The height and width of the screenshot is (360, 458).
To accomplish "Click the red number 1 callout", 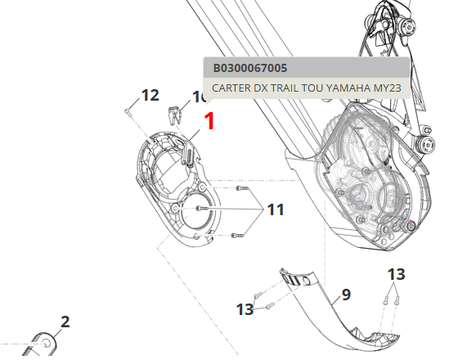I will tap(209, 122).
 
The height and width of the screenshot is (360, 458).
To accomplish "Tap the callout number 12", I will tap(150, 95).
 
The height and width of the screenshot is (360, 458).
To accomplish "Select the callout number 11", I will tap(276, 210).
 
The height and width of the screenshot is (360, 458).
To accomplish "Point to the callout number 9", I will tap(346, 294).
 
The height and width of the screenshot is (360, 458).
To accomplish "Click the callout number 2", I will tap(65, 322).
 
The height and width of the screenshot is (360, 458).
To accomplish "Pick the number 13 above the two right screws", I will tap(396, 273).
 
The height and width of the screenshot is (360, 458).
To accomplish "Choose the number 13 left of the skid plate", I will tap(245, 308).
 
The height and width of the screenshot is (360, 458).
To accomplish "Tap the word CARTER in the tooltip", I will tap(235, 88).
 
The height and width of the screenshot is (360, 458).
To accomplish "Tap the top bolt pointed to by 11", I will tap(241, 190).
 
